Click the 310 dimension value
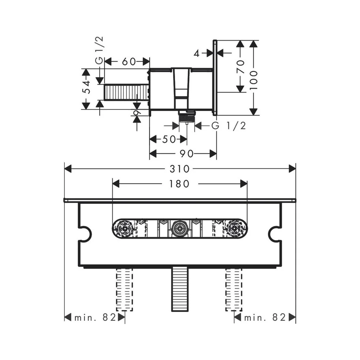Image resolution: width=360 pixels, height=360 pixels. click(x=180, y=169)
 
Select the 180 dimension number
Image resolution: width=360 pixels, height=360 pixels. click(x=179, y=184)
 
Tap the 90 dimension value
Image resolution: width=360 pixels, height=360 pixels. click(x=186, y=154)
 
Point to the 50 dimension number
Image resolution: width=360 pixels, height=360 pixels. click(x=169, y=139)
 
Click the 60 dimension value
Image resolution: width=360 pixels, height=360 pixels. click(x=129, y=62)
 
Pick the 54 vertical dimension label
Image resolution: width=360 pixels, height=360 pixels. click(x=86, y=87)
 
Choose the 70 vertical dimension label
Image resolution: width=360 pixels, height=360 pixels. click(x=240, y=66)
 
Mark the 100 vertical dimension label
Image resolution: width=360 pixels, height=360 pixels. click(x=253, y=80)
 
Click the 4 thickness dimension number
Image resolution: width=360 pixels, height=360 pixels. click(x=197, y=54)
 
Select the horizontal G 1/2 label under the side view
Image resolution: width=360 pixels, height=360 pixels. click(x=229, y=126)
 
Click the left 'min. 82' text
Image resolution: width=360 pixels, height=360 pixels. click(x=95, y=318)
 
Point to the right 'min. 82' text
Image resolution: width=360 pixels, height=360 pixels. click(x=265, y=318)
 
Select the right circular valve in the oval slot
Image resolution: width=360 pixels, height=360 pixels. click(x=234, y=229)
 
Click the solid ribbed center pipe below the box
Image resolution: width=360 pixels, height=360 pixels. click(x=180, y=289)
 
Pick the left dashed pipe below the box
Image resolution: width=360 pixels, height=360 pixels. click(x=125, y=289)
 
